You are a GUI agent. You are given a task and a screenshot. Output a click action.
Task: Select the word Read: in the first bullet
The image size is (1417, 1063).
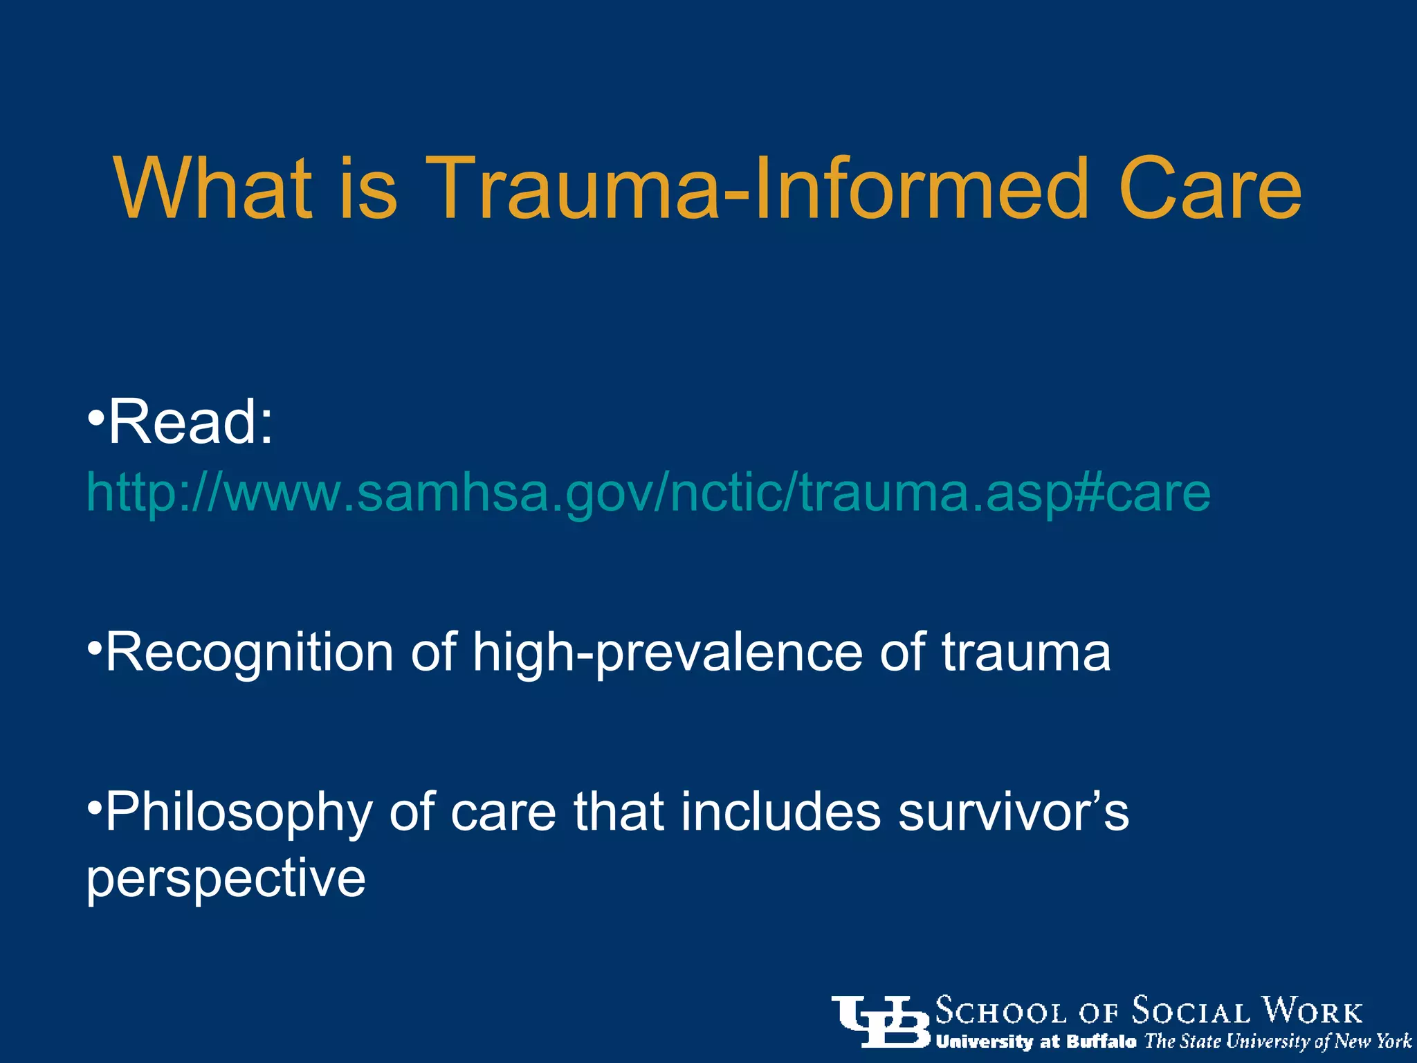(190, 422)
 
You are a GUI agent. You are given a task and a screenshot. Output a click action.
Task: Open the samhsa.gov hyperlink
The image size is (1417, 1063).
(648, 493)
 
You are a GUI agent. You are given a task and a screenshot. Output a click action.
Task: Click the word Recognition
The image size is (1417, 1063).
(249, 653)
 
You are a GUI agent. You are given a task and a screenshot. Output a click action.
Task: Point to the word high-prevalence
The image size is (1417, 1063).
(667, 653)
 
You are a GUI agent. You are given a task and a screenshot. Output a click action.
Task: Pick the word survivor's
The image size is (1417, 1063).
(1013, 811)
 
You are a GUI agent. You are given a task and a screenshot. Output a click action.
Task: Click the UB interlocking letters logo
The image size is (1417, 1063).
(881, 1021)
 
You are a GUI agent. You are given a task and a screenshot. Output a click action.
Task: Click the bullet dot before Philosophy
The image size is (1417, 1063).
(95, 807)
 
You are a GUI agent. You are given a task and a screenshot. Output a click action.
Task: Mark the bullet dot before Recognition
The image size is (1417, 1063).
(95, 648)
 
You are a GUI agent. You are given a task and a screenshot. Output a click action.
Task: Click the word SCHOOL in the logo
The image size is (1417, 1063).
(1000, 1012)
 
